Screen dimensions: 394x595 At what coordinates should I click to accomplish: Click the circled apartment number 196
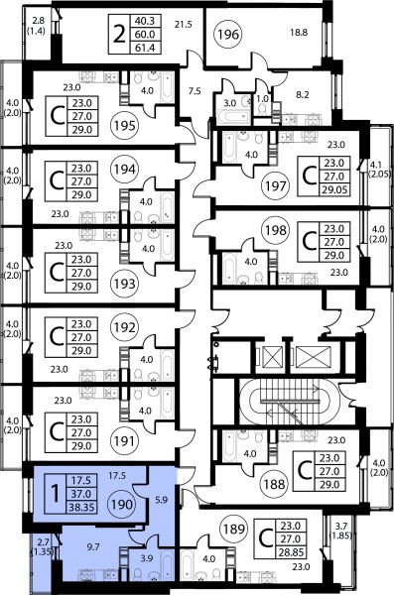click(228, 35)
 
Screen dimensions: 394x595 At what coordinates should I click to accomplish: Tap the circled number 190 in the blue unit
click(122, 505)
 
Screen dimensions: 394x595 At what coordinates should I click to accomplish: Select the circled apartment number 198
click(276, 230)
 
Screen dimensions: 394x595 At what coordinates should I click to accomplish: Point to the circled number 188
click(274, 484)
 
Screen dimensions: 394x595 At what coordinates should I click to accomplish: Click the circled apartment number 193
click(125, 283)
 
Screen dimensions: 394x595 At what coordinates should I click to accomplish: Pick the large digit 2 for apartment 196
click(119, 35)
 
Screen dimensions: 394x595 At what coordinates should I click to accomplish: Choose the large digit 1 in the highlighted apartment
click(56, 494)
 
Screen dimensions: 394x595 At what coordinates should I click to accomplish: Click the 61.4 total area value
click(145, 48)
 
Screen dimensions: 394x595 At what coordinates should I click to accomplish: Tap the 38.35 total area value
click(81, 507)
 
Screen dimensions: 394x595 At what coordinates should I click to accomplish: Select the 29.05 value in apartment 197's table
click(334, 189)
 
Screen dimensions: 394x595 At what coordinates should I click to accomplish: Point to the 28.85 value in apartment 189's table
click(291, 552)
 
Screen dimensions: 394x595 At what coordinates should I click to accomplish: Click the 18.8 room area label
click(299, 33)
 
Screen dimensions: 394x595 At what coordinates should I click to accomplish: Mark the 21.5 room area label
click(184, 25)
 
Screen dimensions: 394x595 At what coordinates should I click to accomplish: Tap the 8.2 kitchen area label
click(303, 94)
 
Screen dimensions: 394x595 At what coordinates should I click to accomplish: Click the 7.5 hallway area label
click(195, 91)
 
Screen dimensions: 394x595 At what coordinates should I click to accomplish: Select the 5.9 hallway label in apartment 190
click(162, 500)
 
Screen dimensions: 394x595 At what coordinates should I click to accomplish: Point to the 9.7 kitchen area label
click(93, 546)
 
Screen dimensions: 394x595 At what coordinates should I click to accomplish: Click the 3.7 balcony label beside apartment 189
click(340, 526)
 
